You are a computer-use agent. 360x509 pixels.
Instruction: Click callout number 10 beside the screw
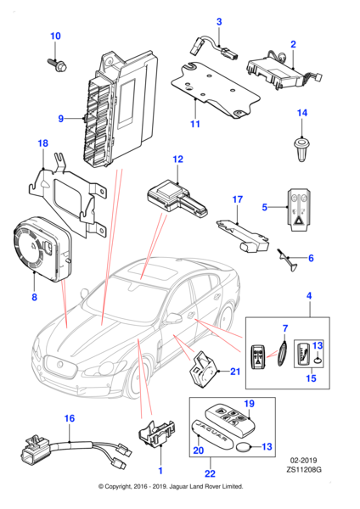[x=56, y=36]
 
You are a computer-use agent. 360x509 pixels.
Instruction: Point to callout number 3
[x=218, y=21]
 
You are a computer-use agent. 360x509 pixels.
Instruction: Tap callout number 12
[x=177, y=159]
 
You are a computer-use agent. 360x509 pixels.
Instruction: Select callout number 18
[x=43, y=145]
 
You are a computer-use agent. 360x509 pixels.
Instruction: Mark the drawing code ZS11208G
[x=314, y=467]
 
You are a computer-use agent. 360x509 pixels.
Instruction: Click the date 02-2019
[x=314, y=457]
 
